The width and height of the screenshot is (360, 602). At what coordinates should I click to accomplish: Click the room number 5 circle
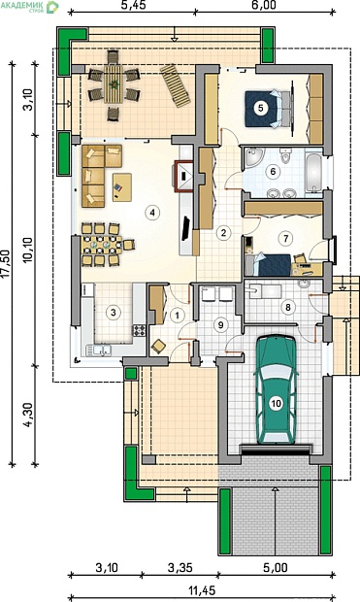coord(261,108)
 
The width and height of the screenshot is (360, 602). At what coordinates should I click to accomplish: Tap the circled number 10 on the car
coord(276,404)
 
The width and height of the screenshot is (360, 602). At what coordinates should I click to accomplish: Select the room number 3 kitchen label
coord(113,312)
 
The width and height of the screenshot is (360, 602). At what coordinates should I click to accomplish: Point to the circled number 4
coord(152,213)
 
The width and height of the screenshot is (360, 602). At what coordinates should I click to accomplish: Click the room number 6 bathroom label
coord(274,171)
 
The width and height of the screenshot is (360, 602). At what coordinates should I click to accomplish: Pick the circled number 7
coord(285,239)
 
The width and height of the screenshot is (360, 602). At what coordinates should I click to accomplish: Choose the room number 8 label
coord(288,307)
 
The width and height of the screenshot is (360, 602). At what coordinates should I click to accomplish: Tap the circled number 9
coord(220,325)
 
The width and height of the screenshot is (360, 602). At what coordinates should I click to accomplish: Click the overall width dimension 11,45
coord(202,589)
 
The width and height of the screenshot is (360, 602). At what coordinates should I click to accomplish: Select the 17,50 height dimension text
coord(7,264)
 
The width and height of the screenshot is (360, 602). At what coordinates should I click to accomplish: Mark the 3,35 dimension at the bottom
coord(180,567)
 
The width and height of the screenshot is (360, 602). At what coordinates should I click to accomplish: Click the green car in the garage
coord(276,389)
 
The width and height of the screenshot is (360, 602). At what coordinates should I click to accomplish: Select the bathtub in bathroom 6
coord(314,173)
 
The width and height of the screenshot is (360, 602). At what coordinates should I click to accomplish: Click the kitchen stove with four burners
coord(139,330)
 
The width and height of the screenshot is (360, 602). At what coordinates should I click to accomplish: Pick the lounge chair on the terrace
coord(176,86)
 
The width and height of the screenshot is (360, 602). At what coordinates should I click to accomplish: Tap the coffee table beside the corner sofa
coord(122,187)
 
